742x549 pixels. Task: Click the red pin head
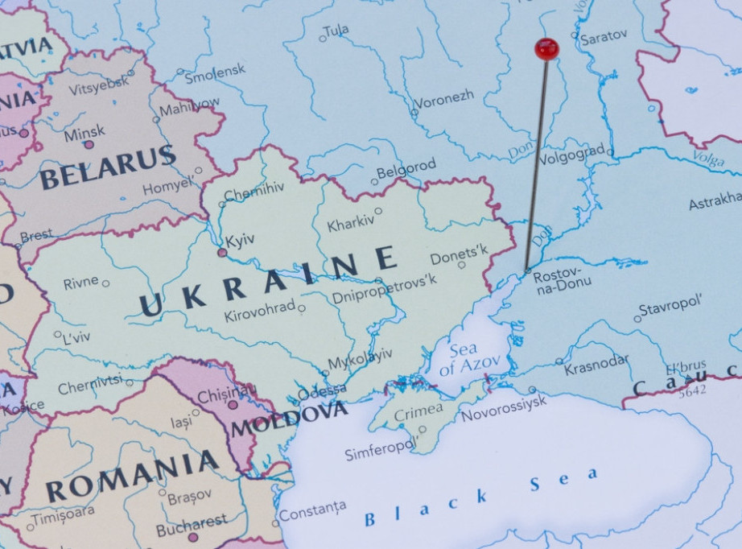[546, 49]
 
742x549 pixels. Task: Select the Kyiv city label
[240, 241]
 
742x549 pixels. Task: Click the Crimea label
[418, 411]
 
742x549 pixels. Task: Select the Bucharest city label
[192, 524]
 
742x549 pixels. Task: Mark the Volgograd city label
[571, 153]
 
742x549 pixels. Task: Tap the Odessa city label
[322, 392]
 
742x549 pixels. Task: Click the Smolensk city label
[215, 74]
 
